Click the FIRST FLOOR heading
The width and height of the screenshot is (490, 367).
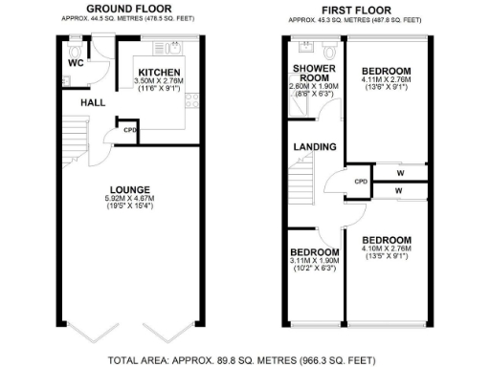(360, 8)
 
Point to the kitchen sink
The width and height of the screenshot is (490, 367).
(175, 46)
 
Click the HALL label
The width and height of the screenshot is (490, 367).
(92, 101)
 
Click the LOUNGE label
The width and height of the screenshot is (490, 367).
(127, 189)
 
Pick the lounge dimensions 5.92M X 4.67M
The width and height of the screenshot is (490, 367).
(127, 199)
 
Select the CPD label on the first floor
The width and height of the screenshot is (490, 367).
(361, 181)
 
